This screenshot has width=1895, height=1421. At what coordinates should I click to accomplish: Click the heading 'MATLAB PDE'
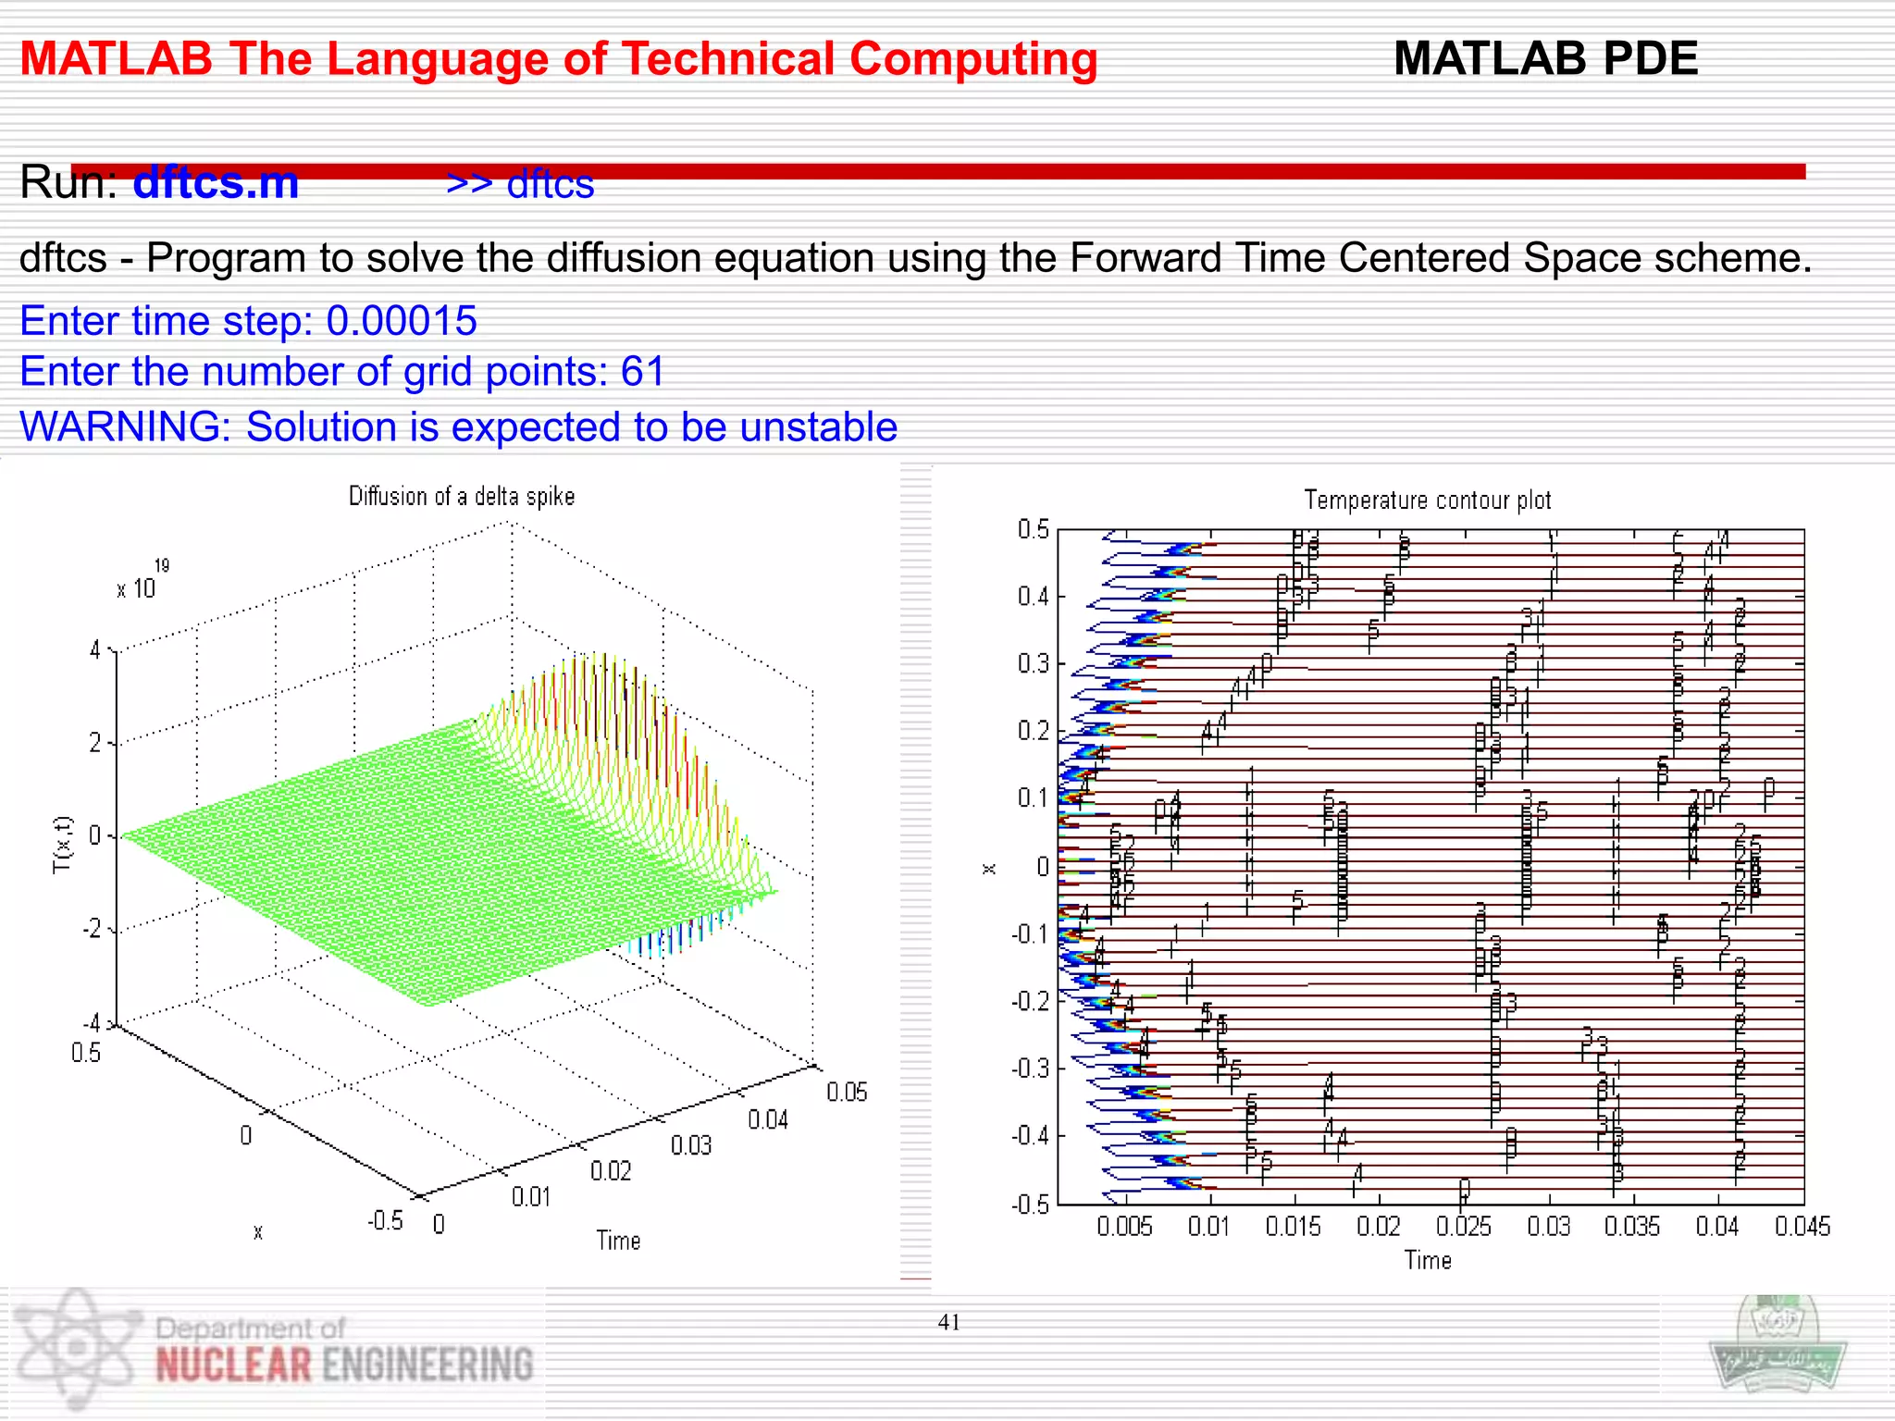(x=1545, y=58)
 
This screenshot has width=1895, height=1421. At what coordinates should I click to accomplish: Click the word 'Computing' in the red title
(x=972, y=60)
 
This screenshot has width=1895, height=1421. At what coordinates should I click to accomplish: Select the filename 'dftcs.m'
(x=216, y=182)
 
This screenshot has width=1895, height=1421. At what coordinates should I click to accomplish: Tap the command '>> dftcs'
(x=520, y=184)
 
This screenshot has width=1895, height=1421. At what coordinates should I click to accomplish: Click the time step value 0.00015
(x=402, y=321)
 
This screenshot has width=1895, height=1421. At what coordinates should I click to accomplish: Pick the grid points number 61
(x=642, y=372)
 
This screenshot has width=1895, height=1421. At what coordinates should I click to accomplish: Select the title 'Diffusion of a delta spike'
(x=462, y=497)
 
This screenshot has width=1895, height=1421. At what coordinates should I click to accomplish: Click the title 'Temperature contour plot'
(x=1427, y=500)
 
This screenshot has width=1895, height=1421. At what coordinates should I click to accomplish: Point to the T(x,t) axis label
(x=62, y=845)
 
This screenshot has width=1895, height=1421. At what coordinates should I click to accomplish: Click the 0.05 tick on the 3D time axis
(x=847, y=1093)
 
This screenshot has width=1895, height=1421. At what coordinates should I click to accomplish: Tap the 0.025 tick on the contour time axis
(x=1463, y=1227)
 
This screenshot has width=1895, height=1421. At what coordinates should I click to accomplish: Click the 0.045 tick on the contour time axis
(x=1802, y=1227)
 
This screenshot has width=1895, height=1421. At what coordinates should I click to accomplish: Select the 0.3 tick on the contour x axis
(x=1033, y=664)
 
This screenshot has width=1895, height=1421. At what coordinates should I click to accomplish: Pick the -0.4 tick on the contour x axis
(x=1030, y=1136)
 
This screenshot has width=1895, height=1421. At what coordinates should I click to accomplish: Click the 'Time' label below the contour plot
(x=1428, y=1261)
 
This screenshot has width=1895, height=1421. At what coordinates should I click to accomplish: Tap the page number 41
(x=948, y=1323)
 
